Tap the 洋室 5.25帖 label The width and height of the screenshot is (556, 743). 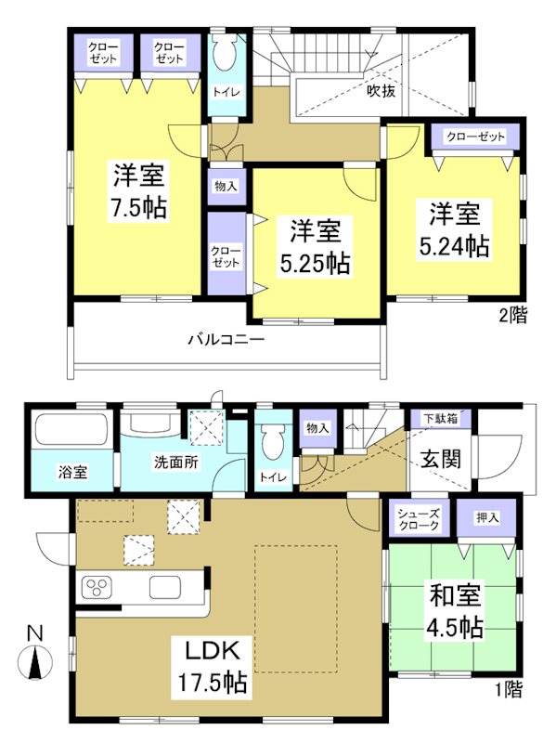[x=316, y=246]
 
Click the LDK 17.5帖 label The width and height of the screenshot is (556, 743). [x=213, y=667]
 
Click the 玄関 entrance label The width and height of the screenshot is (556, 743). [x=439, y=459]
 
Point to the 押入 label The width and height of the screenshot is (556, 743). [x=487, y=516]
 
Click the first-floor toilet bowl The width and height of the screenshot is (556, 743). [x=272, y=440]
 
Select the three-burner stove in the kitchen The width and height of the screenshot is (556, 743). [x=98, y=588]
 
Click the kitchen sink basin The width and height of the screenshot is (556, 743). [x=167, y=588]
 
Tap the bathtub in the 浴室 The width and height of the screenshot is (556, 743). [x=71, y=432]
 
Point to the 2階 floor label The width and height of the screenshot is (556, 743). [x=512, y=316]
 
